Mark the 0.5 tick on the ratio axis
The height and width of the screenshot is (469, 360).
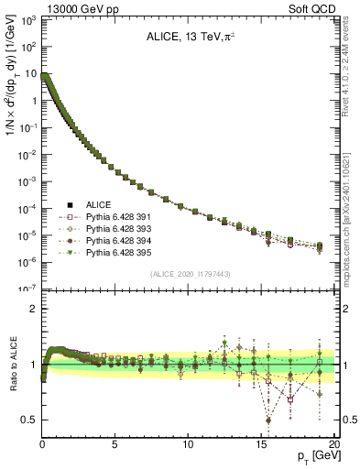[x=28, y=420]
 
